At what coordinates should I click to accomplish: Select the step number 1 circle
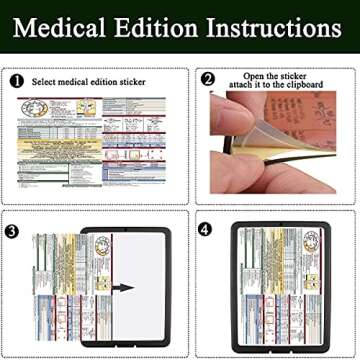[x=18, y=80]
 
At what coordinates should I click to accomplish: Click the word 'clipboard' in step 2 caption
[x=301, y=86]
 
